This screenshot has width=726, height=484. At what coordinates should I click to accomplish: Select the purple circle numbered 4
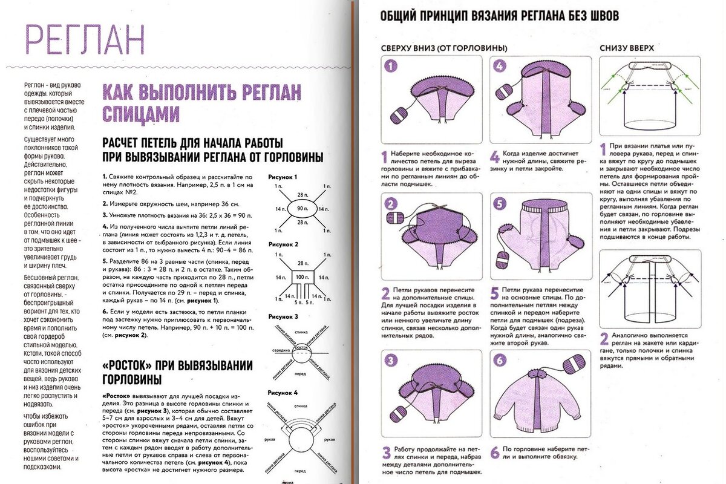[x=500, y=67]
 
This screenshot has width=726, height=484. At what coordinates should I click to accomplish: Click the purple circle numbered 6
[x=500, y=361]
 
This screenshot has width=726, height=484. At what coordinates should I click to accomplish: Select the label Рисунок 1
[x=283, y=177]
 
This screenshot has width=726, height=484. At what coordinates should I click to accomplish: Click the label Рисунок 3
[x=283, y=316]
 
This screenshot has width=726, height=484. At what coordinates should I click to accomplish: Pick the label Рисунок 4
[x=283, y=393]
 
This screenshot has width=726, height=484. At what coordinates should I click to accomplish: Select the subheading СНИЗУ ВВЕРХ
[x=626, y=47]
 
